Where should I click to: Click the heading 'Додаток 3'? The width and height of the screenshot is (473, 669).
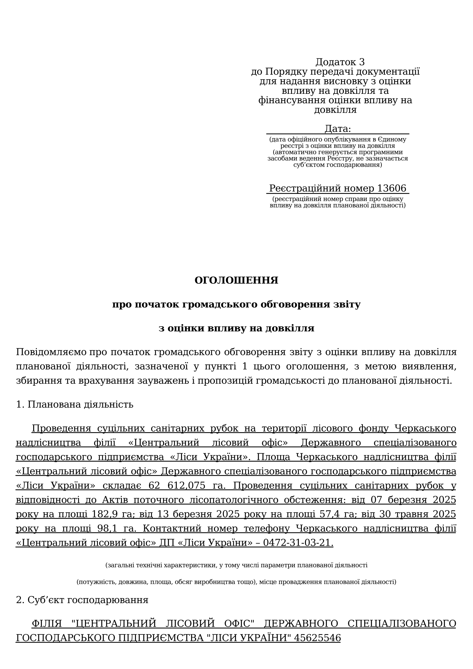pyautogui.click(x=340, y=62)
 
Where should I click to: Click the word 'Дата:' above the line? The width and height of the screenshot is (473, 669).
pyautogui.click(x=338, y=129)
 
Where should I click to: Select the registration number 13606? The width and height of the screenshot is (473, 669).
pyautogui.click(x=391, y=188)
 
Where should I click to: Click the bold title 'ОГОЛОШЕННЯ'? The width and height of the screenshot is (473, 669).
pyautogui.click(x=236, y=280)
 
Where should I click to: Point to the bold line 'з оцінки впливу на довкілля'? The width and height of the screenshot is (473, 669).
pyautogui.click(x=236, y=328)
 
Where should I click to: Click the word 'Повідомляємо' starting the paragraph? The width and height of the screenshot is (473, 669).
pyautogui.click(x=51, y=352)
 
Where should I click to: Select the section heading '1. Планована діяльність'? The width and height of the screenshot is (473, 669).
pyautogui.click(x=75, y=404)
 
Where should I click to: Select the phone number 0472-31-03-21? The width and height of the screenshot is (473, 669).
pyautogui.click(x=298, y=543)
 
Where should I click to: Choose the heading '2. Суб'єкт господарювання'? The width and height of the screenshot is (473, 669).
pyautogui.click(x=82, y=600)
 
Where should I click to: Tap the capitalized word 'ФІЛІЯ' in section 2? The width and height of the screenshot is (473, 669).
pyautogui.click(x=47, y=624)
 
